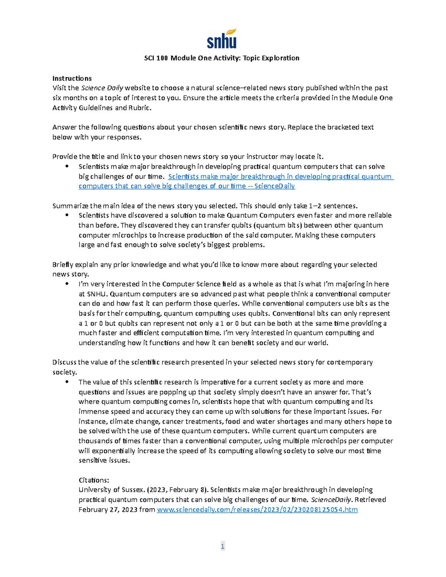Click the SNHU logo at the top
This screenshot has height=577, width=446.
pos(222,39)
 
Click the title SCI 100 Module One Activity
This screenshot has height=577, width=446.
pos(222,58)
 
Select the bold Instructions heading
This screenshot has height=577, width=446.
pos(72,78)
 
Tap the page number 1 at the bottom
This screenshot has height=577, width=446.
pos(223,546)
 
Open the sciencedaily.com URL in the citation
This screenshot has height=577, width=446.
pos(257,510)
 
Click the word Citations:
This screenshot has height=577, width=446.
pos(94,480)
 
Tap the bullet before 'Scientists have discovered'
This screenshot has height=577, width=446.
pos(67,215)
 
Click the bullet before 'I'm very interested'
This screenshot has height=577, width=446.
pos(67,284)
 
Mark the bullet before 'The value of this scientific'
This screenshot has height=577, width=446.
pos(67,382)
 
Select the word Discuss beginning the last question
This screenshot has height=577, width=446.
pos(64,362)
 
